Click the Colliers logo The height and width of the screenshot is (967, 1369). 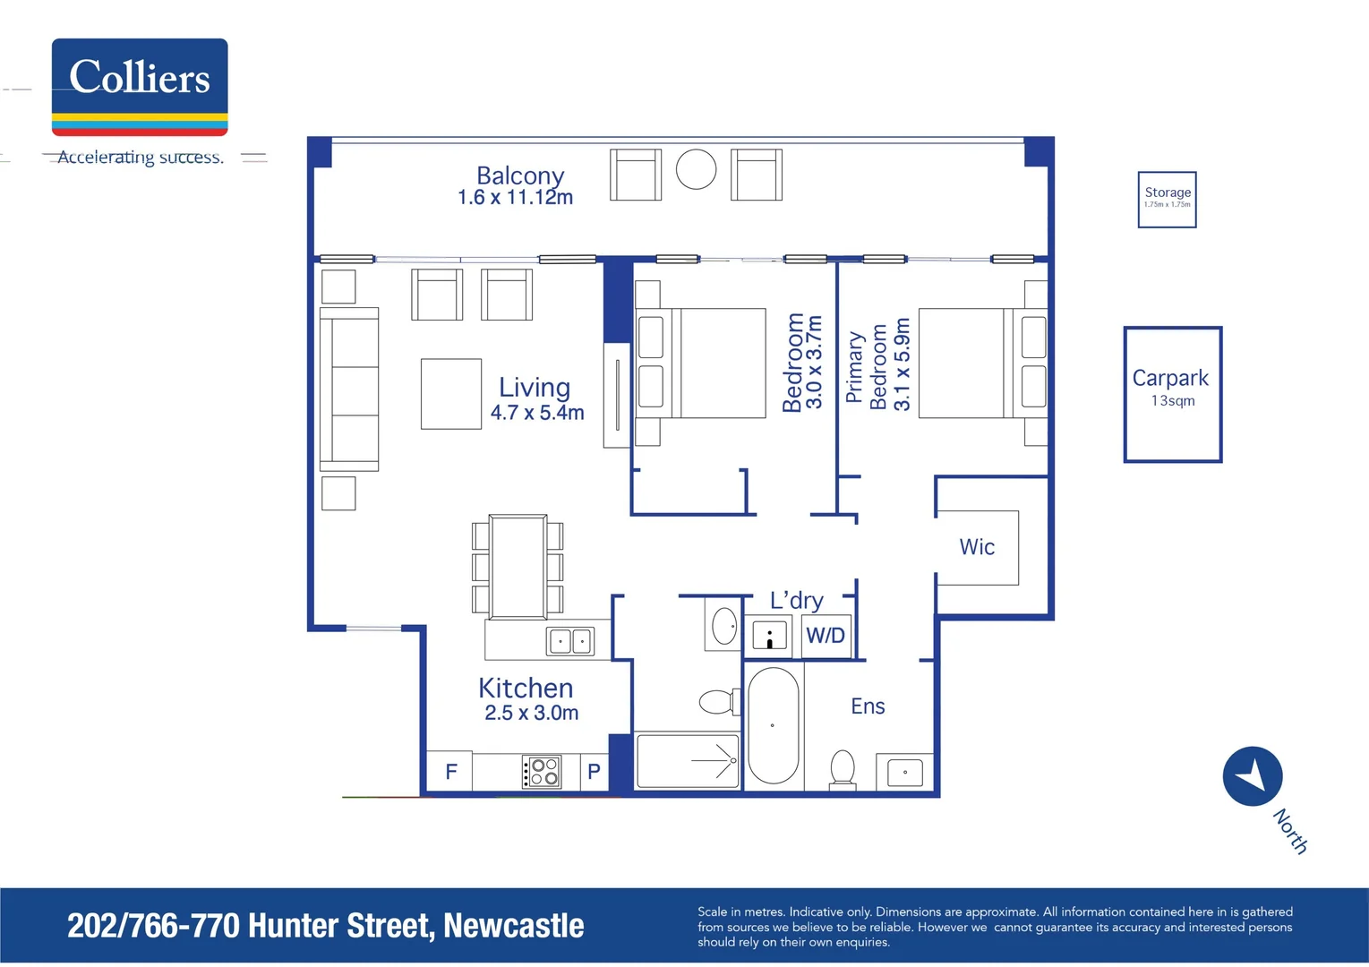(140, 87)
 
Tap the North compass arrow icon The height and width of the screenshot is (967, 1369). (1253, 775)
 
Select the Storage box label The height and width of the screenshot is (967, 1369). (1168, 193)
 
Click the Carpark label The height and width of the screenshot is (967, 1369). (1170, 378)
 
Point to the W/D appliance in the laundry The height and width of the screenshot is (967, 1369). (826, 636)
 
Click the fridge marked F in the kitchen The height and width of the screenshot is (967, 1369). (451, 772)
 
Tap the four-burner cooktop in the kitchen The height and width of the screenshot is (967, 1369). (542, 771)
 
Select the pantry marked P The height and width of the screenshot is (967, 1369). (594, 772)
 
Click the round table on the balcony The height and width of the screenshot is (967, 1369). (696, 169)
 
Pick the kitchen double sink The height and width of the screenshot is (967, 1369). (570, 640)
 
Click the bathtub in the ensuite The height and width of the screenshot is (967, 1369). (773, 725)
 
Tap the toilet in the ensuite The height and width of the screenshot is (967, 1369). (843, 769)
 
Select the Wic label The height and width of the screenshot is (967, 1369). (977, 547)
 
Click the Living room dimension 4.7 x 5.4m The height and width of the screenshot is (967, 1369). (537, 413)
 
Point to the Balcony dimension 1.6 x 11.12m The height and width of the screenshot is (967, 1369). (515, 198)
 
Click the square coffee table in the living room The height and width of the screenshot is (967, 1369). (451, 394)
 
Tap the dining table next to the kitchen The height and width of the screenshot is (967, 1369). (518, 567)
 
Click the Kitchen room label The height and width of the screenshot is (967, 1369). (526, 688)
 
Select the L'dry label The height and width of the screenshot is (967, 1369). (796, 600)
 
